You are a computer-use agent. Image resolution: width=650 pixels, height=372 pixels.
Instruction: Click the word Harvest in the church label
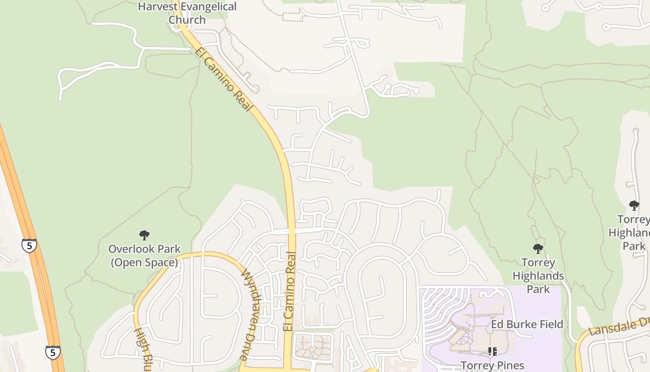[x=158, y=7]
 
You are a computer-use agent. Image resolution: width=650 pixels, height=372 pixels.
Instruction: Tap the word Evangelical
[x=208, y=7]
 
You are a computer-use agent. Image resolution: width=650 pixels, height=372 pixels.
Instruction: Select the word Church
[x=187, y=20]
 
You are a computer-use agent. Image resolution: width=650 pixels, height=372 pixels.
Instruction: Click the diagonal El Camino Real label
[x=224, y=79]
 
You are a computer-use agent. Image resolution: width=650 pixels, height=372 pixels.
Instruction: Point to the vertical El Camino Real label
[x=289, y=292]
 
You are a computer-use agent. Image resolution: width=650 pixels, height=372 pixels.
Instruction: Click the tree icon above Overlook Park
[x=144, y=235]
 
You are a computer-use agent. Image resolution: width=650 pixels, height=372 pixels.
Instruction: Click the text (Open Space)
[x=144, y=262]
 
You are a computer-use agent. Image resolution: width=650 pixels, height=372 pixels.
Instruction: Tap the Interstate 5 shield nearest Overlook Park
[x=29, y=246]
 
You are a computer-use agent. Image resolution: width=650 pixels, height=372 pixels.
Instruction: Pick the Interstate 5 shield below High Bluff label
[x=52, y=352]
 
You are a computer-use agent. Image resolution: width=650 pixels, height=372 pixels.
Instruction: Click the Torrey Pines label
[x=493, y=365]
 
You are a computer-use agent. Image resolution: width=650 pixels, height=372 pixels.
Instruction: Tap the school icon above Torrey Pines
[x=493, y=352]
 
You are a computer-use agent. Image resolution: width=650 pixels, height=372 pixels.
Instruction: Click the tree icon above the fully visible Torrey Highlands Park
[x=538, y=249]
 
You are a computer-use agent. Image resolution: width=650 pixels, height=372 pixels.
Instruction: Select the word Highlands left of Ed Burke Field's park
[x=538, y=276]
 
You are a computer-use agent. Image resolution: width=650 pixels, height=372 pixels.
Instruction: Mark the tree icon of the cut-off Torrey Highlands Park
[x=634, y=205]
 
